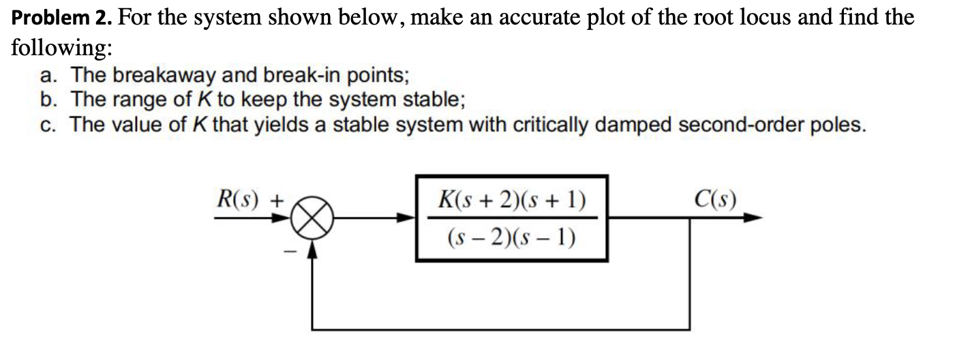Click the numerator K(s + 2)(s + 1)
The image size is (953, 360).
click(x=512, y=201)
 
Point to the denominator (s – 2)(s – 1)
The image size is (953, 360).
click(x=511, y=238)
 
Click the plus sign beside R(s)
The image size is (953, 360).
click(x=277, y=202)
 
